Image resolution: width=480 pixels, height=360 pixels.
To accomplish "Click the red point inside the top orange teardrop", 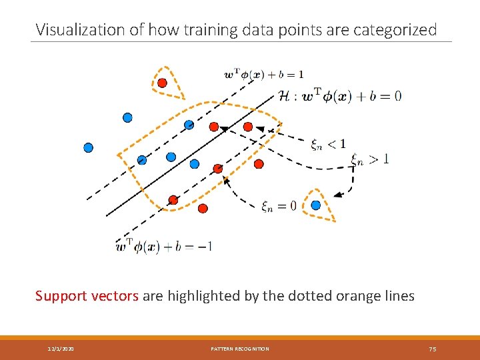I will (x=162, y=83).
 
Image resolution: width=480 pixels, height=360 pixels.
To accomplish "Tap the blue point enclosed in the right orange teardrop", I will (x=316, y=205).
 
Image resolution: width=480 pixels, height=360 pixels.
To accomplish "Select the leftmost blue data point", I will (x=88, y=147).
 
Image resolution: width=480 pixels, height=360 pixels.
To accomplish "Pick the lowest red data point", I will (x=203, y=208).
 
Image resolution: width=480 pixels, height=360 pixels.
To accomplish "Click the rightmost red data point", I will (x=259, y=163).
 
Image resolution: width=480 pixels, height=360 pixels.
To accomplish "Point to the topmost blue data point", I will (x=127, y=117).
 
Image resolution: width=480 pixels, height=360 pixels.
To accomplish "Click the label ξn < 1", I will (x=328, y=144).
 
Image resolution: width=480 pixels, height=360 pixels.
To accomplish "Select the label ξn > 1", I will (x=369, y=159).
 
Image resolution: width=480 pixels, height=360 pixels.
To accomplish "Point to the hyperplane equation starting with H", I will (x=340, y=97).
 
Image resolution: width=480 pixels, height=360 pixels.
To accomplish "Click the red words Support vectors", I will (x=87, y=295).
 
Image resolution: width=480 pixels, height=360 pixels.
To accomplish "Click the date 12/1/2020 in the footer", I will (x=61, y=349).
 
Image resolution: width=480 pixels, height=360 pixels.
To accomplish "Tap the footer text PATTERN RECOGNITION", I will (x=240, y=349).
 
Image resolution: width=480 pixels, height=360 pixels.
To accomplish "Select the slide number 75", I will (x=433, y=349).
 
